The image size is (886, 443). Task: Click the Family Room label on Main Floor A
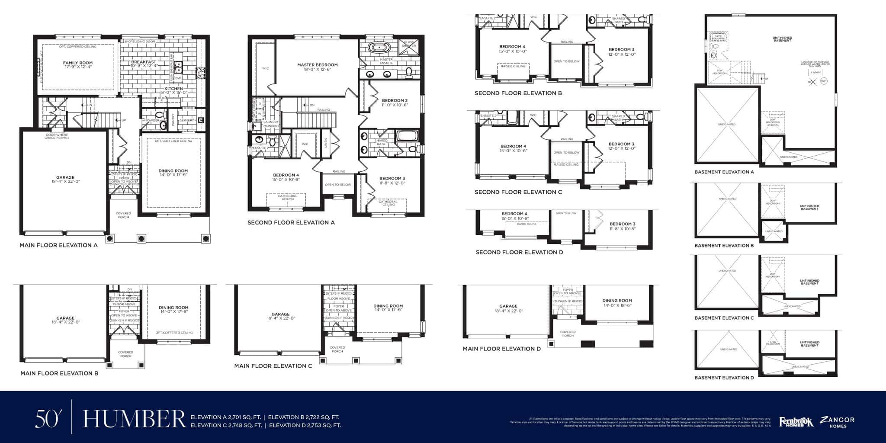tap(78, 63)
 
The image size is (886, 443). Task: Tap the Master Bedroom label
tap(317, 65)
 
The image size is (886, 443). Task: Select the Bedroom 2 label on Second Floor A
tap(395, 101)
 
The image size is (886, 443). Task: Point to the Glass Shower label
tap(409, 44)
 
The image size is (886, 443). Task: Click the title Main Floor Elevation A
tap(58, 245)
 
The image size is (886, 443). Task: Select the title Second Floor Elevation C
tap(518, 192)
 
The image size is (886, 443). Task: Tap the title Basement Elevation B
tap(724, 246)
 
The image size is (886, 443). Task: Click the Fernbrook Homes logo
tap(796, 422)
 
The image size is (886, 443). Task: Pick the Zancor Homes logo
tap(838, 422)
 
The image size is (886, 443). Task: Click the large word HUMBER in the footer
tap(134, 419)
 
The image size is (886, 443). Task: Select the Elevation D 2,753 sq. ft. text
tap(305, 425)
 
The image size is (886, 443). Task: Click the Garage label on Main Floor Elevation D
tap(508, 306)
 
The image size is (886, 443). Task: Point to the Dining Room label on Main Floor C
tap(388, 306)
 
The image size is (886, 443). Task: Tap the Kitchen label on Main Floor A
tap(173, 89)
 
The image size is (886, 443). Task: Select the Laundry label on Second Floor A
tap(271, 122)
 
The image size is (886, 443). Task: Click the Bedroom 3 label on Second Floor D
tap(623, 224)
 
